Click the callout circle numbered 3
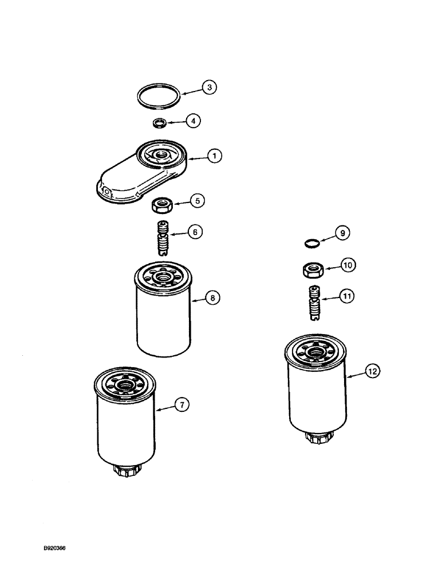(x=210, y=88)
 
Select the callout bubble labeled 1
(x=215, y=155)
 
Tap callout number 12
(x=373, y=371)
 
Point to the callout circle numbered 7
(x=180, y=406)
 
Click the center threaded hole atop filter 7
(x=124, y=387)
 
